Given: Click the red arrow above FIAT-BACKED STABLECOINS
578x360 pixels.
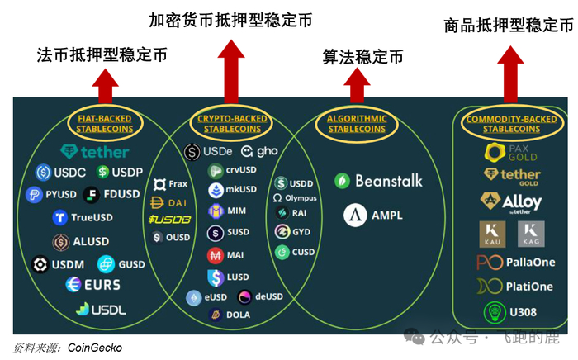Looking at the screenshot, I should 106,83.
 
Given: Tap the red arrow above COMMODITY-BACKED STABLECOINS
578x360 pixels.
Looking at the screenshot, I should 511,66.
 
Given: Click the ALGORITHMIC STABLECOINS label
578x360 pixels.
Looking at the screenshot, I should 357,124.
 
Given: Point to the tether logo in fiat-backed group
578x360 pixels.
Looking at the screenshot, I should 95,151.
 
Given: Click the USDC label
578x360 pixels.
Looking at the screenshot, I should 65,173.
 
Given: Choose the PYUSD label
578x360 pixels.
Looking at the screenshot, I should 60,195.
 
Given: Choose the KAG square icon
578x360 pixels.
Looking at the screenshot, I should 531,234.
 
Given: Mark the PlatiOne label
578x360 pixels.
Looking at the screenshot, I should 526,287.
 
